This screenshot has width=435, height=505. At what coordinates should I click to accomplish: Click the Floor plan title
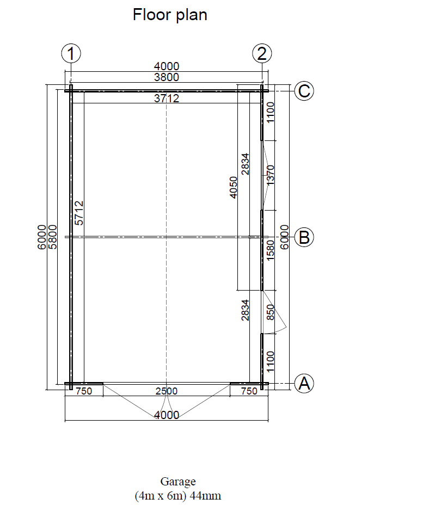pyautogui.click(x=170, y=15)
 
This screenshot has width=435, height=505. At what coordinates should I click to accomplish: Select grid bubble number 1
pyautogui.click(x=71, y=53)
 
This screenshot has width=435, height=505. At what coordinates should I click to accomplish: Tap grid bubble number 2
pyautogui.click(x=262, y=53)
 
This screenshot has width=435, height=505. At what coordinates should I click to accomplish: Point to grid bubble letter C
pyautogui.click(x=304, y=91)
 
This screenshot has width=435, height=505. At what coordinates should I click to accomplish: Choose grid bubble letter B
pyautogui.click(x=304, y=237)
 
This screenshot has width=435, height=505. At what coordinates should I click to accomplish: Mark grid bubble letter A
pyautogui.click(x=304, y=383)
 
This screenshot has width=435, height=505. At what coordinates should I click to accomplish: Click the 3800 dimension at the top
pyautogui.click(x=166, y=77)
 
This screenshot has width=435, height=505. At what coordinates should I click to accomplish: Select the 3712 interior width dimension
pyautogui.click(x=166, y=98)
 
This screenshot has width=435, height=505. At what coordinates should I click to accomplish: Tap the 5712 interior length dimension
pyautogui.click(x=79, y=213)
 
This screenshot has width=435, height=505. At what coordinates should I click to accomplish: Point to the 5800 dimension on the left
pyautogui.click(x=52, y=237)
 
